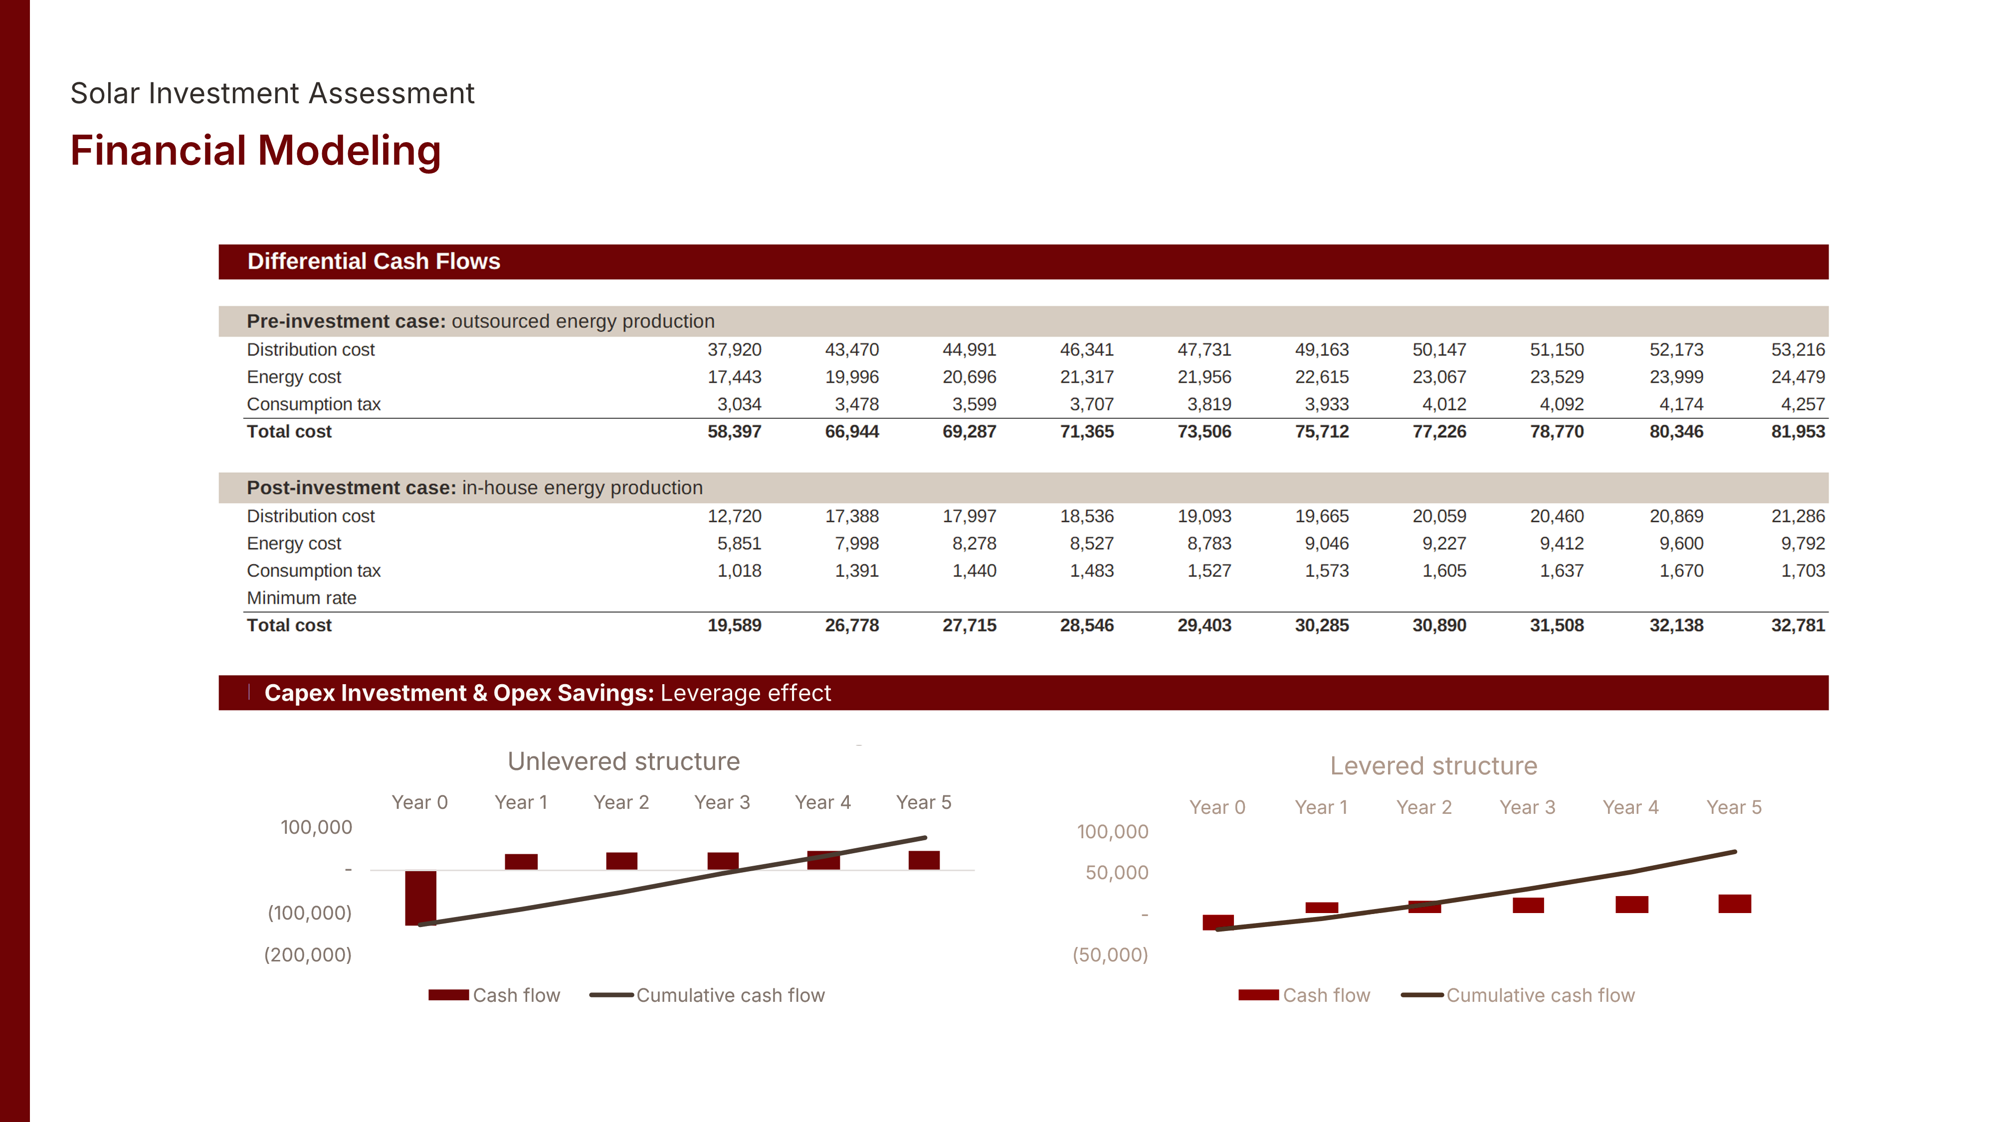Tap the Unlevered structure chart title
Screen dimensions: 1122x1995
click(x=623, y=761)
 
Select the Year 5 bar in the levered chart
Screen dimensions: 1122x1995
click(x=1734, y=904)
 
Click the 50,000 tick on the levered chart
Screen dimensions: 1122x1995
click(x=1116, y=873)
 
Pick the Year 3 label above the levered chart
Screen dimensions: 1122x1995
click(x=1527, y=808)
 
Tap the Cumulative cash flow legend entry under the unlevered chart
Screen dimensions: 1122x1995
click(x=730, y=996)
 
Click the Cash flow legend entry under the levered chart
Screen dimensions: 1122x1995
click(x=1325, y=996)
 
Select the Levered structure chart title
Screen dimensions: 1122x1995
click(x=1433, y=766)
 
